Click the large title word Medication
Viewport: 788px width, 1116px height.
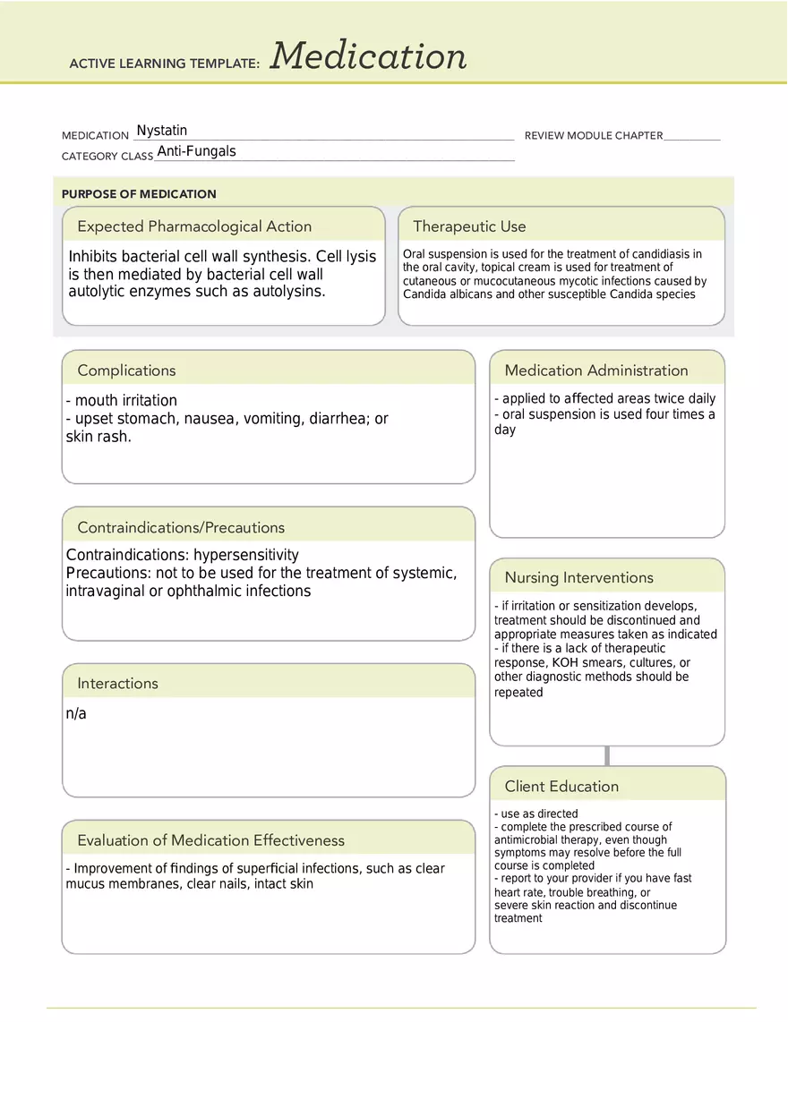(x=368, y=56)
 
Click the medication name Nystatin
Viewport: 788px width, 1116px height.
(x=162, y=131)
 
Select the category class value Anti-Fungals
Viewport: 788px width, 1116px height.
(x=196, y=151)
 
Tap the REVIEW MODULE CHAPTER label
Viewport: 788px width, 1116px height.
(x=594, y=136)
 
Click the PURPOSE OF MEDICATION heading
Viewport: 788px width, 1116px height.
(x=139, y=194)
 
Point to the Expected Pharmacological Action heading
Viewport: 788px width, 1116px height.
(x=194, y=226)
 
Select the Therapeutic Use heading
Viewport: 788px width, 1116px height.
(x=469, y=226)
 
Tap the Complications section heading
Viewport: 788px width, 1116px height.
(x=126, y=371)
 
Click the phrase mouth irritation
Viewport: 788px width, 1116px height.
(x=125, y=401)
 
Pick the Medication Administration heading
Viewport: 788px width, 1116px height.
(x=596, y=371)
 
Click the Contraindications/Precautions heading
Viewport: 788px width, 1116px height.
(x=181, y=528)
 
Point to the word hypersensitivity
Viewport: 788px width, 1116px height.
(x=246, y=555)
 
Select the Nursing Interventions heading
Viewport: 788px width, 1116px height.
(x=578, y=578)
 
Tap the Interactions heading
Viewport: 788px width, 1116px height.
(x=117, y=684)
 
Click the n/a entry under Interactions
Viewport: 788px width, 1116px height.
(x=76, y=714)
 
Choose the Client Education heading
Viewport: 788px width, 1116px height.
(x=561, y=787)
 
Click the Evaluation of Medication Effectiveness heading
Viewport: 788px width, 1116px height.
(x=210, y=840)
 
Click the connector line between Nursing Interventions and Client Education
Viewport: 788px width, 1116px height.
(x=607, y=756)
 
